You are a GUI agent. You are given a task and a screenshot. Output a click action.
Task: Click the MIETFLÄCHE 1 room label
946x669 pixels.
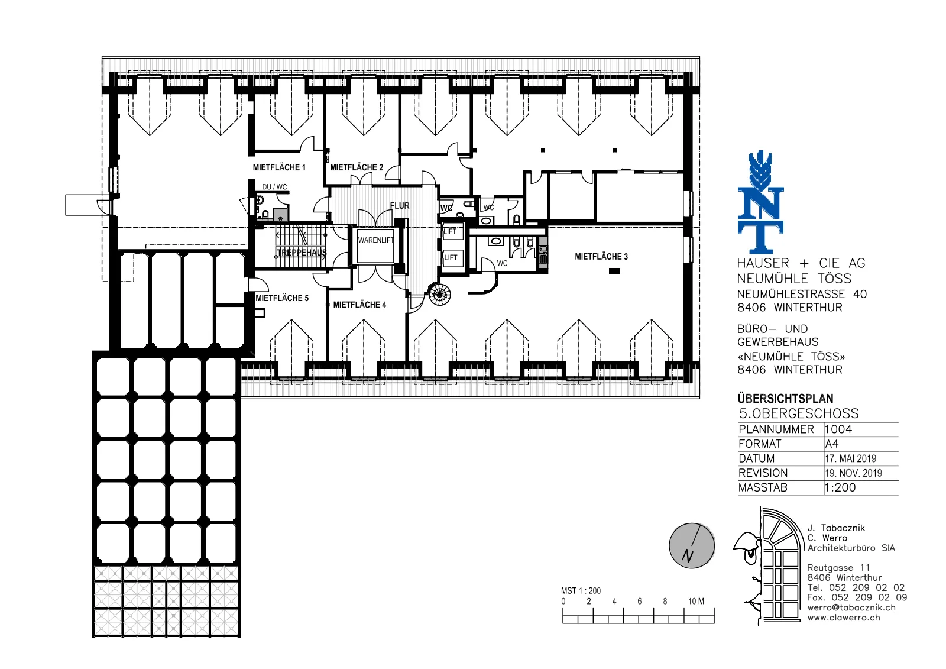pos(278,167)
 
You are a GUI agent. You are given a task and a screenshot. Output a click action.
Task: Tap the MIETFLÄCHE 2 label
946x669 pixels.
pos(357,167)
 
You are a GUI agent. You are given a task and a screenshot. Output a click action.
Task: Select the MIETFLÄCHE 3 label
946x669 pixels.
pos(601,257)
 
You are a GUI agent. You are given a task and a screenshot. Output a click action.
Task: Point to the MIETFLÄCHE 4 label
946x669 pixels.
pos(359,305)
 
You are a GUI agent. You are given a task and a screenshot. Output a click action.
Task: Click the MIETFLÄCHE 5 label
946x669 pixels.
pos(282,298)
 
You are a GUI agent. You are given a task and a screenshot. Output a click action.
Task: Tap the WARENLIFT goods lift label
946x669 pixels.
pos(376,240)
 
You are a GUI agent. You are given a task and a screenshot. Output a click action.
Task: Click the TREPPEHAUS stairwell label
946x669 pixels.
pos(302,253)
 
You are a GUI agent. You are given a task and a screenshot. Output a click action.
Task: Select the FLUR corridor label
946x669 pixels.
pos(400,206)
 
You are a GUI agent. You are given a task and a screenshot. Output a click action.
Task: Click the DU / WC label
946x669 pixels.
pos(274,187)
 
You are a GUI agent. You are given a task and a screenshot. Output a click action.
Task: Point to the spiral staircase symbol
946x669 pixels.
pos(440,294)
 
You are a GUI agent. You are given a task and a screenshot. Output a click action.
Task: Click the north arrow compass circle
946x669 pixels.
pos(692,545)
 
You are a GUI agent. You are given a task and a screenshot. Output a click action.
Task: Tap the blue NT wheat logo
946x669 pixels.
pos(760,202)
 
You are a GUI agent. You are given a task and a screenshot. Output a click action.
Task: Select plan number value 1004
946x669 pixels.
pos(838,429)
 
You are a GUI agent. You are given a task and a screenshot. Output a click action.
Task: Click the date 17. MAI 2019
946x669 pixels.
pos(851,458)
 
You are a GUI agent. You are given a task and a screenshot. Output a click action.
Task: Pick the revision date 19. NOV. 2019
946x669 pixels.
pos(854,473)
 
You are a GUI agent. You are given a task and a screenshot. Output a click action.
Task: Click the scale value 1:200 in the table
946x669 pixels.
pos(840,487)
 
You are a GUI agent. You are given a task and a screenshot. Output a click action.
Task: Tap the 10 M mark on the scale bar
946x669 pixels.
pos(696,601)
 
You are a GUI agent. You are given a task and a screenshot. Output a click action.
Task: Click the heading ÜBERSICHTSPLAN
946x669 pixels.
pos(786,399)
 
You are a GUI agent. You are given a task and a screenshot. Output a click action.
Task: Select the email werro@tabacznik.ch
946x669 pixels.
pos(851,607)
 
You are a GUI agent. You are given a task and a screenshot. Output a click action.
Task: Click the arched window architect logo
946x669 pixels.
pos(769,566)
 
